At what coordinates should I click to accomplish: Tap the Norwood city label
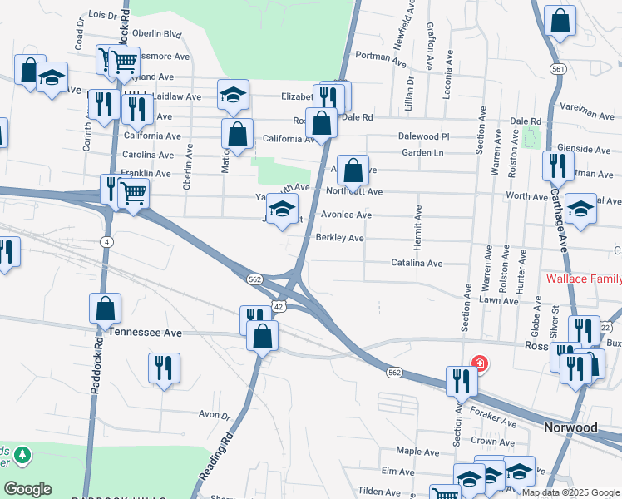pos(570,427)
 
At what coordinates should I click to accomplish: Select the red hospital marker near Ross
pos(479,363)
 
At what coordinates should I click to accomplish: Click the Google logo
pos(27,489)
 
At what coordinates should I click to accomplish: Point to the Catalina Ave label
pos(417,263)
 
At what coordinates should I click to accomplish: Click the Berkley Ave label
pos(339,238)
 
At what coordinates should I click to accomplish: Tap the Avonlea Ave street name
pos(341,215)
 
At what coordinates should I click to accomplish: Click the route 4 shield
pos(106,241)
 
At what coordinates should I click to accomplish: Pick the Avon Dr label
pos(214,414)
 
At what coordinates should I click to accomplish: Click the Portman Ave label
pos(379,57)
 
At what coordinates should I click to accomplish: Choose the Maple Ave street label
pos(417,451)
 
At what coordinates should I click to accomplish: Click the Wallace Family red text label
pos(583,278)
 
